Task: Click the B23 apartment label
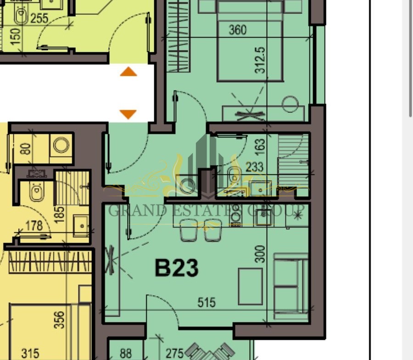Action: [x=177, y=268]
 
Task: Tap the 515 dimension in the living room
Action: [x=206, y=302]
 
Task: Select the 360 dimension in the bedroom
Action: [x=238, y=30]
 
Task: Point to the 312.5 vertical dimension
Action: [x=260, y=60]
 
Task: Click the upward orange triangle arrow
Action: [x=128, y=72]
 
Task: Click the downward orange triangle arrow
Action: [x=128, y=114]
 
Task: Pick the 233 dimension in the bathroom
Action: [x=254, y=167]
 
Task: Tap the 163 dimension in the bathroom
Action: [x=260, y=147]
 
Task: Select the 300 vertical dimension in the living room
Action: [x=260, y=254]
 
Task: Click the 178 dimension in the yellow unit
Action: [x=34, y=226]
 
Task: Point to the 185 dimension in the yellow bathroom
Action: [x=60, y=215]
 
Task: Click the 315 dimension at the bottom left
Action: [x=30, y=353]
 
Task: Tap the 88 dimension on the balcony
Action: [x=126, y=353]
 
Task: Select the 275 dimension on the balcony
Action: [x=174, y=353]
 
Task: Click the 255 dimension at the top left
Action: [x=39, y=18]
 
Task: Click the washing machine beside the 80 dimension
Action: [x=61, y=145]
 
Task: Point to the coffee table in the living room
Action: [x=250, y=286]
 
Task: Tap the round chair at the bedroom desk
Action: [x=290, y=104]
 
